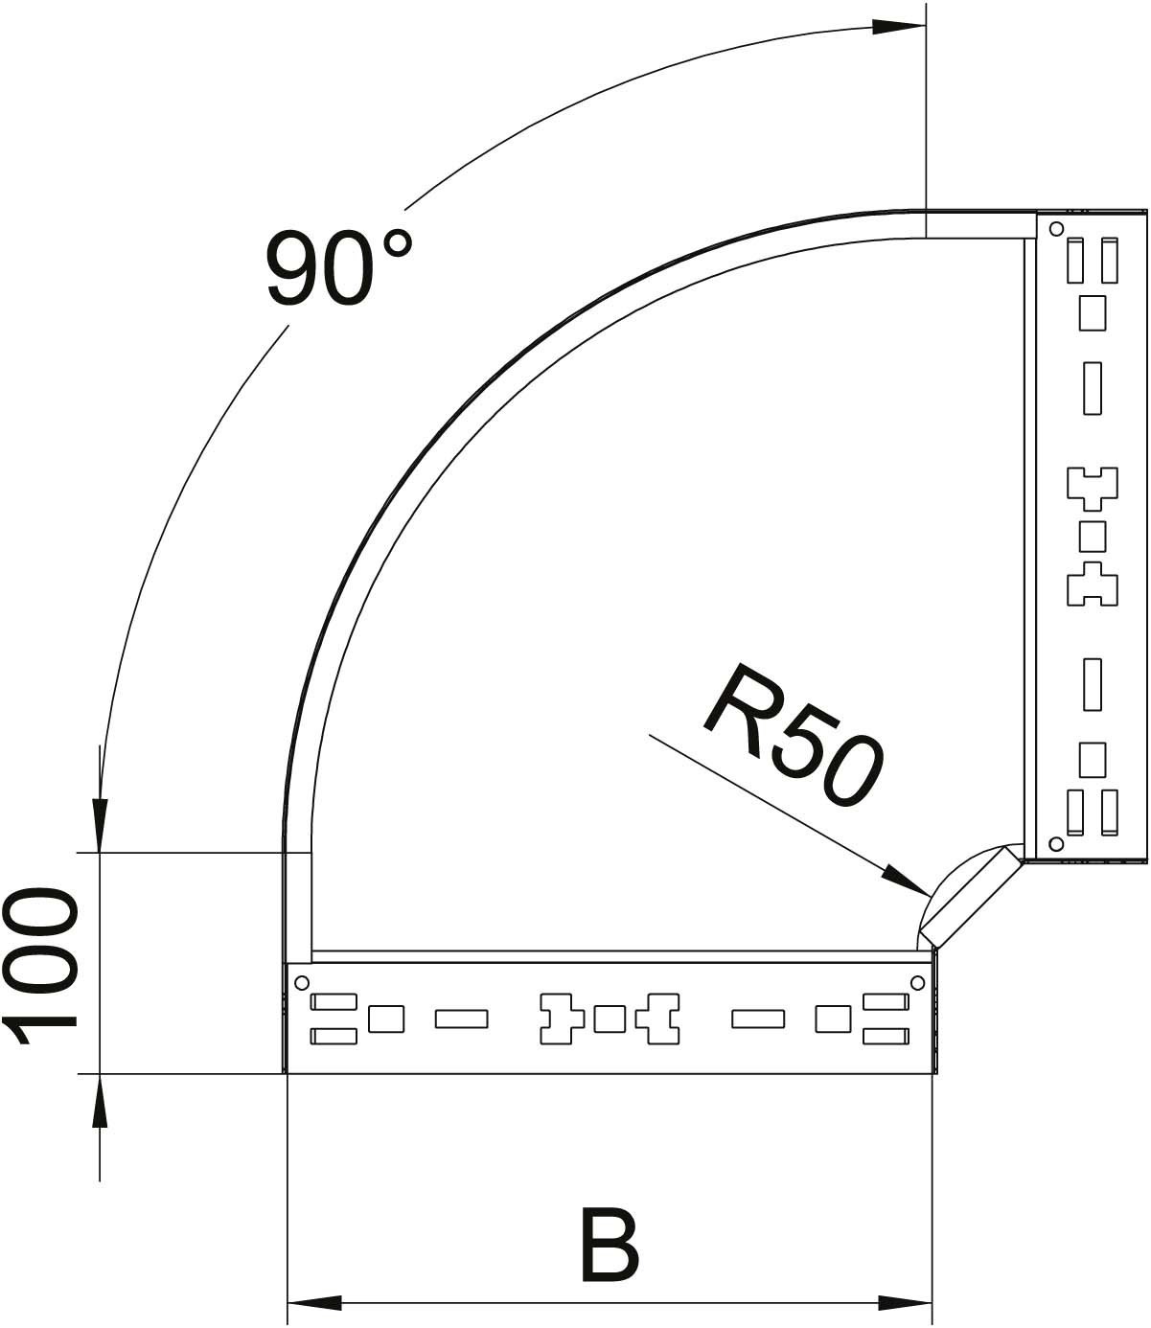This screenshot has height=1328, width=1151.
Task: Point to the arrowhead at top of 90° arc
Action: click(x=899, y=28)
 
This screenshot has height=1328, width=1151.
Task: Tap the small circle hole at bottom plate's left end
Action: click(x=301, y=982)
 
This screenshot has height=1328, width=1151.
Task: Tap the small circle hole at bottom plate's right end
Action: click(x=918, y=982)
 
